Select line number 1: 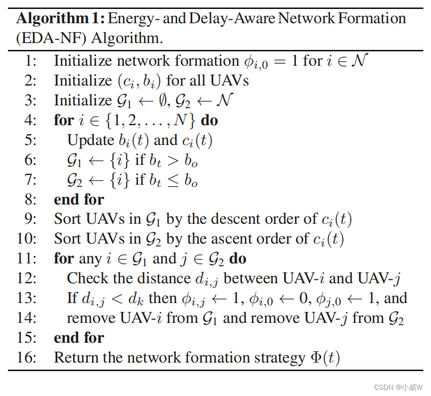click(x=31, y=61)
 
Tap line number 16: click(x=28, y=357)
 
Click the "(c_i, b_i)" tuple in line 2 click(x=140, y=81)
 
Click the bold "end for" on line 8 click(x=79, y=199)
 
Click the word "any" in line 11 click(x=89, y=258)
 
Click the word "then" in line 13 click(x=162, y=298)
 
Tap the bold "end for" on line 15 click(x=79, y=338)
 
